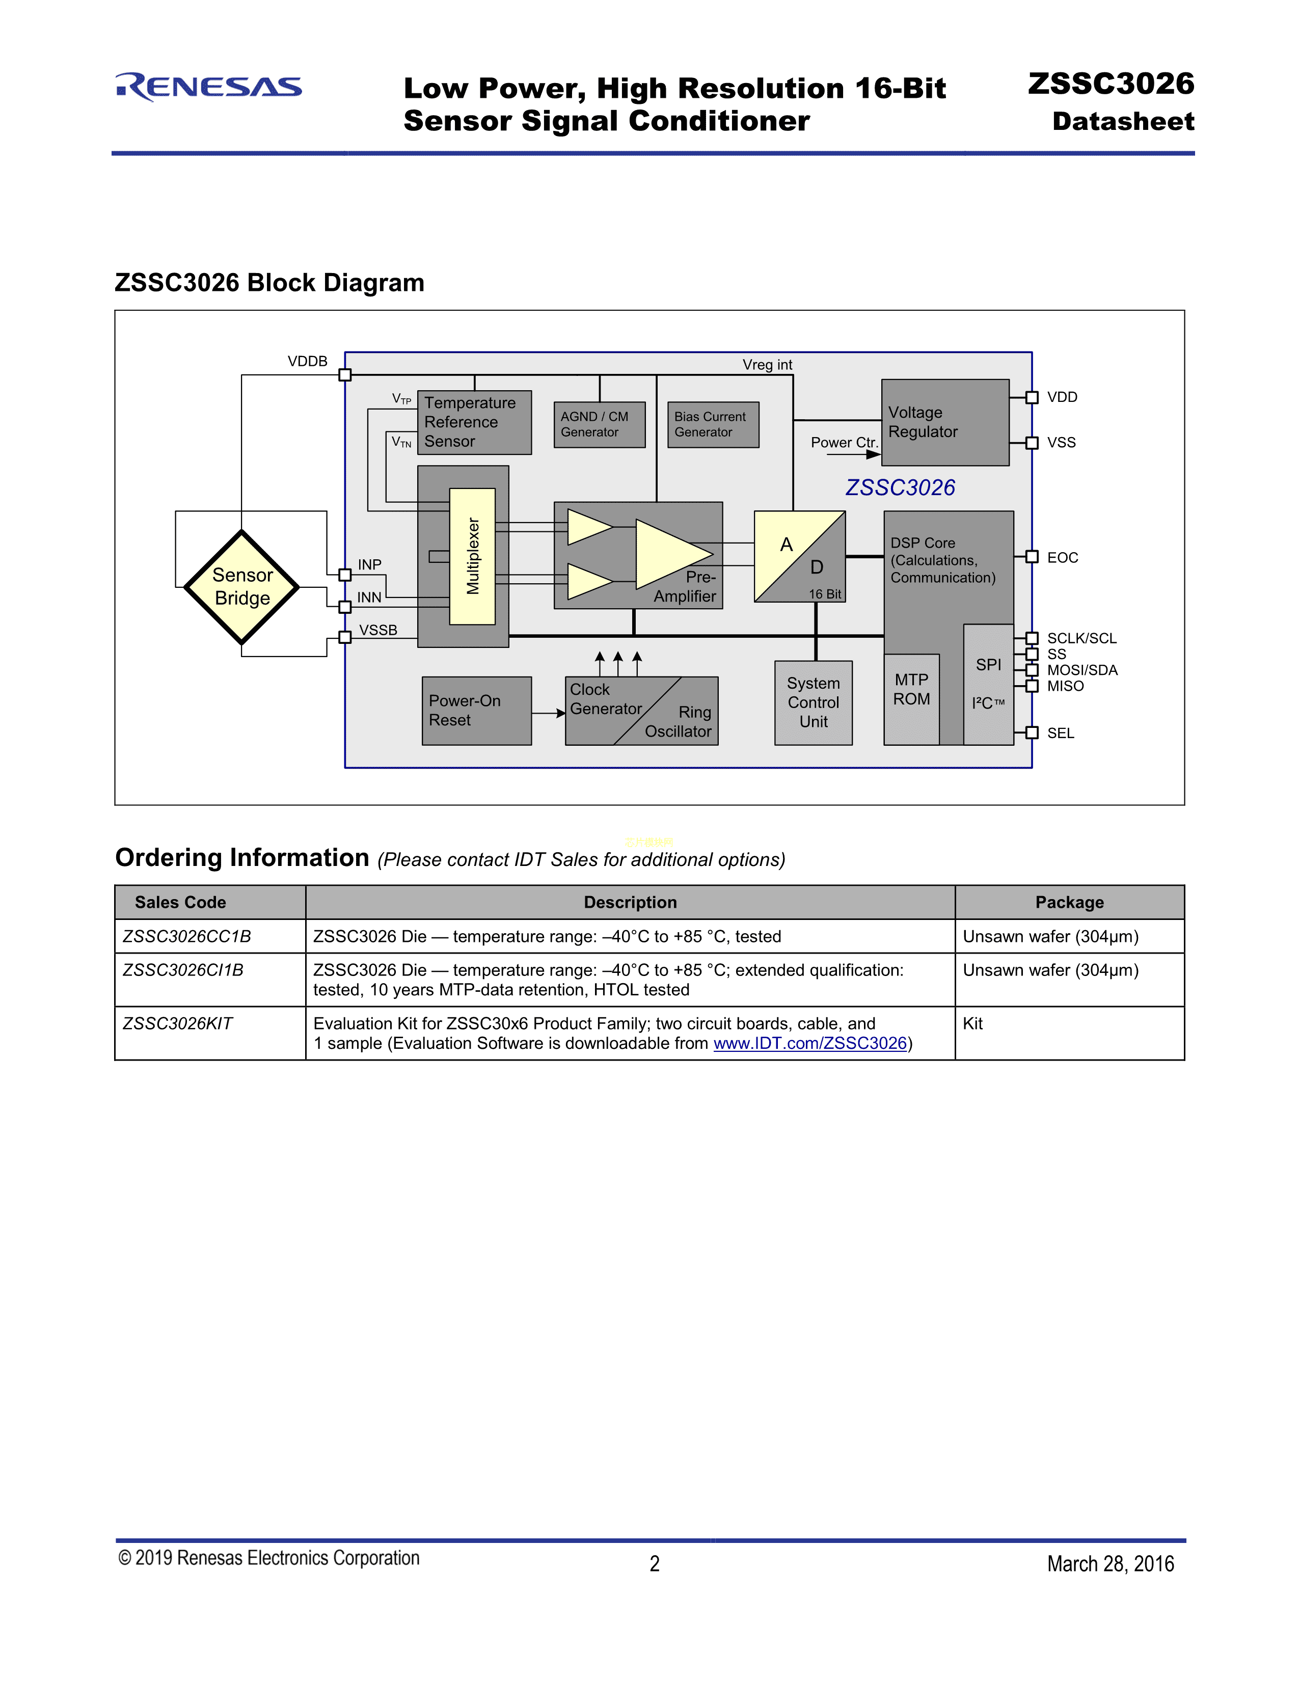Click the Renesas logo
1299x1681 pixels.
(x=208, y=87)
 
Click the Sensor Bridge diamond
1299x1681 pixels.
(x=241, y=586)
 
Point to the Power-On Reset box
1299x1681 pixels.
(x=476, y=711)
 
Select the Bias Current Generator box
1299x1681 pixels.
(x=713, y=424)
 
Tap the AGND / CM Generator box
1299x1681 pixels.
(x=599, y=424)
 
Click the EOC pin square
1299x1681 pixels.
(x=1032, y=556)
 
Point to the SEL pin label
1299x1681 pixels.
(x=1061, y=734)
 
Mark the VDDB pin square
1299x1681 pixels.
(x=345, y=375)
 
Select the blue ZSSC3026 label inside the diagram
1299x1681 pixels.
(x=900, y=487)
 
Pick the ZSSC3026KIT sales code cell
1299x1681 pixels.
(x=178, y=1024)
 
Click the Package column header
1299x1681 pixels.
(x=1069, y=902)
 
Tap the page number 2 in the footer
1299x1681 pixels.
(x=654, y=1563)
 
